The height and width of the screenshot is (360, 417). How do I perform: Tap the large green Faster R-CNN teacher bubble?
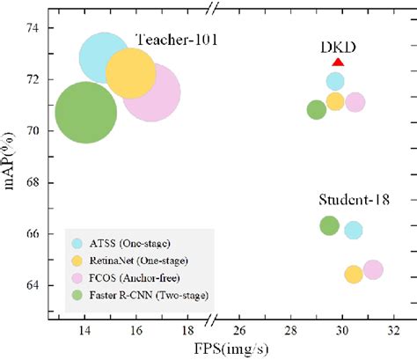coord(85,114)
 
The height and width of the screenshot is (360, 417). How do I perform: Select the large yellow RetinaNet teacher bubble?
coord(131,76)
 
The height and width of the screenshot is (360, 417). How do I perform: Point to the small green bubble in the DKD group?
coord(317,109)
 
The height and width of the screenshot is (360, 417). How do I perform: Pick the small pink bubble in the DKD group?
coord(355,102)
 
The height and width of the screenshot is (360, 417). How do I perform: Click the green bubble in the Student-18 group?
coord(329,225)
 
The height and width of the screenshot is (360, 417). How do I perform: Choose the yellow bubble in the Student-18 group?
coord(354,274)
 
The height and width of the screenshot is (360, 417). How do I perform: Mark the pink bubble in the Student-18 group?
coord(373,269)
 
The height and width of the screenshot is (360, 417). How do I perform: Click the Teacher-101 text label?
coord(176,40)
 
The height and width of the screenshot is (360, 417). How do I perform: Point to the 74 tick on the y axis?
coord(33,28)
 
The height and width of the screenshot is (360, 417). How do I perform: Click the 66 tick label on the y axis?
coord(33,234)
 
